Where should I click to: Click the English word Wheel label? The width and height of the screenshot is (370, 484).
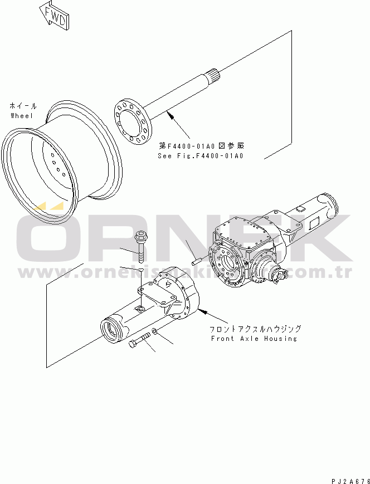click(x=22, y=115)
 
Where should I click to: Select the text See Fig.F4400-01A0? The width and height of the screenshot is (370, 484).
click(x=201, y=156)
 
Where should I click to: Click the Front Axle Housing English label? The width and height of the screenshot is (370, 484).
click(x=254, y=338)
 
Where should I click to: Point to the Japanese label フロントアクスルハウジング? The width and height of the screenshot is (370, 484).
click(x=256, y=329)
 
